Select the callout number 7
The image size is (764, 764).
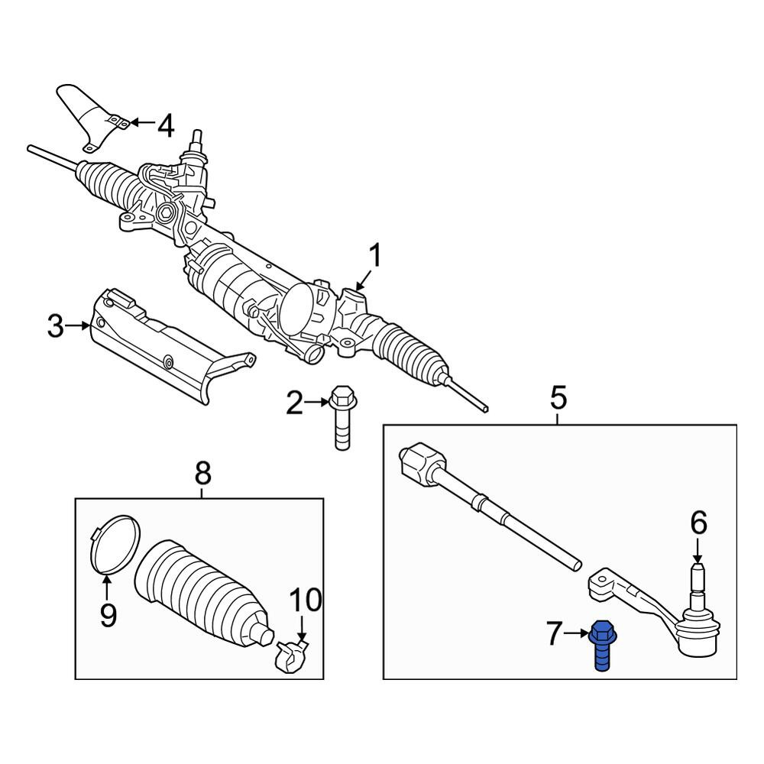(554, 634)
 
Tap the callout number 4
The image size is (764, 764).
(166, 126)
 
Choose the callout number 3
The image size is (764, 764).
(56, 326)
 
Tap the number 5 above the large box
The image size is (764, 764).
(559, 397)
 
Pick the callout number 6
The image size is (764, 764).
(699, 524)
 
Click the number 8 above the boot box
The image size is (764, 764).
(202, 473)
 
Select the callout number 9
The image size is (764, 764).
(108, 615)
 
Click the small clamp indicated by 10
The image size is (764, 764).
(291, 657)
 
